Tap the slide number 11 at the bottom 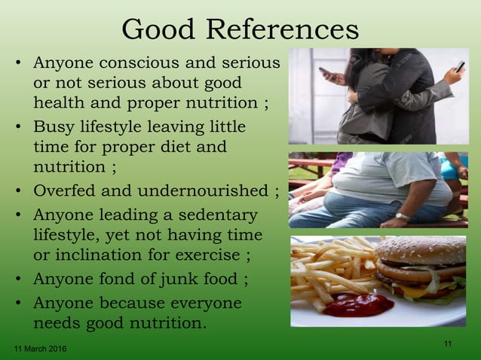448,344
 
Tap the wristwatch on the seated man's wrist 403,217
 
